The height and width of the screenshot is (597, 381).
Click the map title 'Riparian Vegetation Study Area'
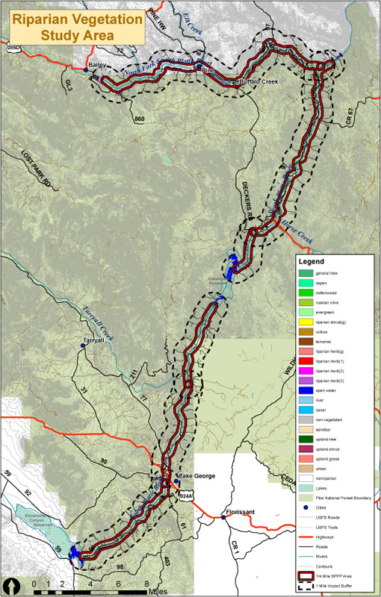click(77, 27)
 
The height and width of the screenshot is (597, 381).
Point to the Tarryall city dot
click(84, 346)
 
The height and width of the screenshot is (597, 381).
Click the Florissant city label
click(241, 513)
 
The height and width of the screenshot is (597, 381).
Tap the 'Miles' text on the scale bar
click(158, 590)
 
